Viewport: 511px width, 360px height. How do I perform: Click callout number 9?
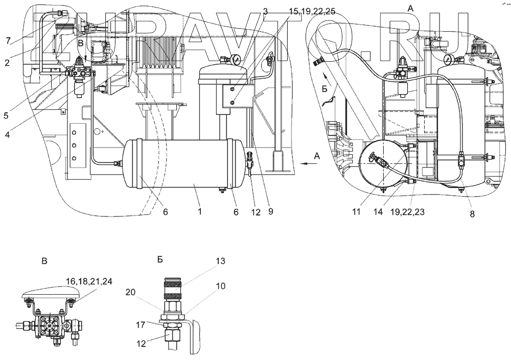270,210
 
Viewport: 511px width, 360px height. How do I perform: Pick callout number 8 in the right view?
472,214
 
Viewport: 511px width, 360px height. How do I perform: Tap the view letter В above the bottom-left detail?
44,261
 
